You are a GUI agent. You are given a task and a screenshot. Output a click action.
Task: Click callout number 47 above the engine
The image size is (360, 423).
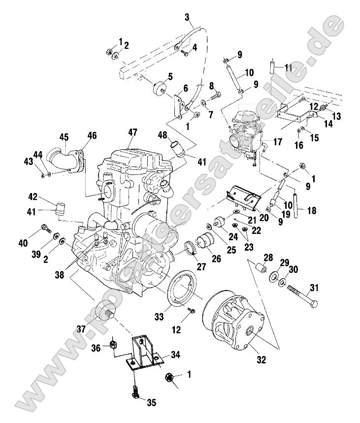(132, 132)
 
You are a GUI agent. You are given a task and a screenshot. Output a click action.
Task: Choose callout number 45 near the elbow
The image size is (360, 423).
(64, 136)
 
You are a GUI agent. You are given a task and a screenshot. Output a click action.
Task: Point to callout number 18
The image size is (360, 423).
(311, 210)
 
